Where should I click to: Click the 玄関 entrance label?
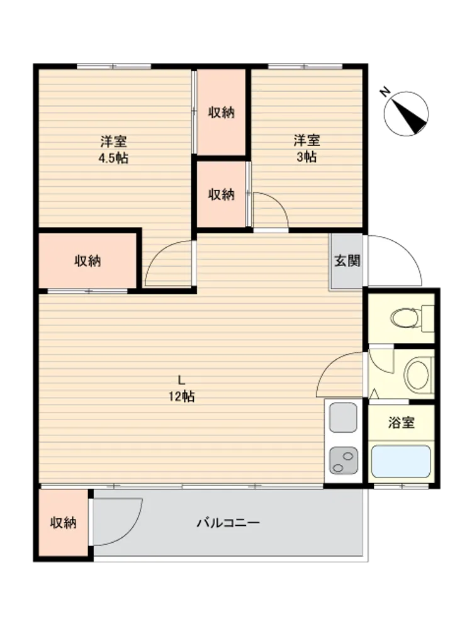[347, 261]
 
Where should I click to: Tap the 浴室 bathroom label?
[401, 423]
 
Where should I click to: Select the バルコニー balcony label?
[228, 523]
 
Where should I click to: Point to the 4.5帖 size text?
[113, 159]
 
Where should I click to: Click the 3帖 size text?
[306, 157]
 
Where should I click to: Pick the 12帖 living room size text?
[181, 396]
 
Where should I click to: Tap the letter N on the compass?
[385, 92]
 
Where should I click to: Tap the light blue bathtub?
[400, 461]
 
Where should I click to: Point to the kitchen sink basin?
[343, 417]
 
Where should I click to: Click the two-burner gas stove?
[343, 460]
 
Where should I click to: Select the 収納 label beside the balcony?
[63, 523]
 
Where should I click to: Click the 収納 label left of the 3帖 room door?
[221, 194]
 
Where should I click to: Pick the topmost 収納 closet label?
[221, 113]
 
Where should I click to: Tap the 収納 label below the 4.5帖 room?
[87, 261]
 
